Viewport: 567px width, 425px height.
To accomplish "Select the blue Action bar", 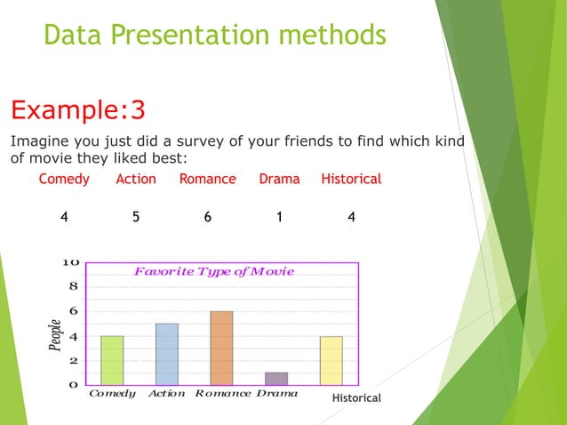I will (x=166, y=354).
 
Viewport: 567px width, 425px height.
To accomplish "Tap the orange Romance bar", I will (x=221, y=348).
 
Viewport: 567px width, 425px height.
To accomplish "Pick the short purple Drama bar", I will (x=276, y=379).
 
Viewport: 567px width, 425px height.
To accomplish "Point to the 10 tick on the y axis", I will (x=71, y=262).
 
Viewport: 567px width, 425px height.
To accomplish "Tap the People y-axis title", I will (x=55, y=335).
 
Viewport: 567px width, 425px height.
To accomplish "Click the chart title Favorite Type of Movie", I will (x=213, y=271).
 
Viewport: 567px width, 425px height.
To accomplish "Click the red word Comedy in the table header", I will (x=64, y=179).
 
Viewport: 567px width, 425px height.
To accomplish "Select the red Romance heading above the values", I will (x=207, y=179).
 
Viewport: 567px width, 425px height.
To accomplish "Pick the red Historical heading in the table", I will (x=351, y=179).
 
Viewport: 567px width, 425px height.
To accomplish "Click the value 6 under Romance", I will (x=207, y=215).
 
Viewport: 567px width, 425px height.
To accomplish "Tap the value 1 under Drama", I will (x=279, y=215).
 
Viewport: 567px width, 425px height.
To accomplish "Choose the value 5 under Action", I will (x=135, y=215).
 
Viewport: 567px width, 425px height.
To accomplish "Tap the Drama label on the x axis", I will (x=276, y=393).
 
